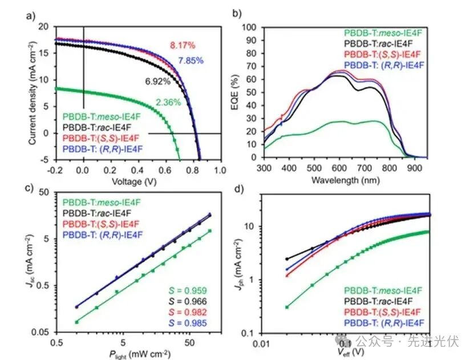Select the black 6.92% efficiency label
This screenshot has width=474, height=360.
(x=157, y=81)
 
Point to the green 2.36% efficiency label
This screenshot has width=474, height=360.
(x=168, y=103)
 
